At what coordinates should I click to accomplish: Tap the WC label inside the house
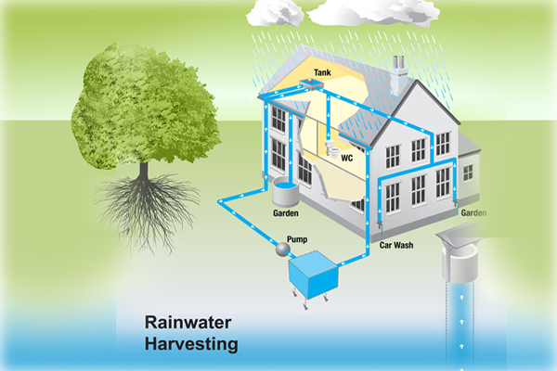(346, 158)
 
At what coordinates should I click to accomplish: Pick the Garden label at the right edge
(474, 212)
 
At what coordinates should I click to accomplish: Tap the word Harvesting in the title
(192, 345)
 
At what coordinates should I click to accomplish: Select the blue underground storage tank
(317, 273)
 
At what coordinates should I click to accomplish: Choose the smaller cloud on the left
(274, 11)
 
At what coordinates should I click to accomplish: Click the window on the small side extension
(468, 172)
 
